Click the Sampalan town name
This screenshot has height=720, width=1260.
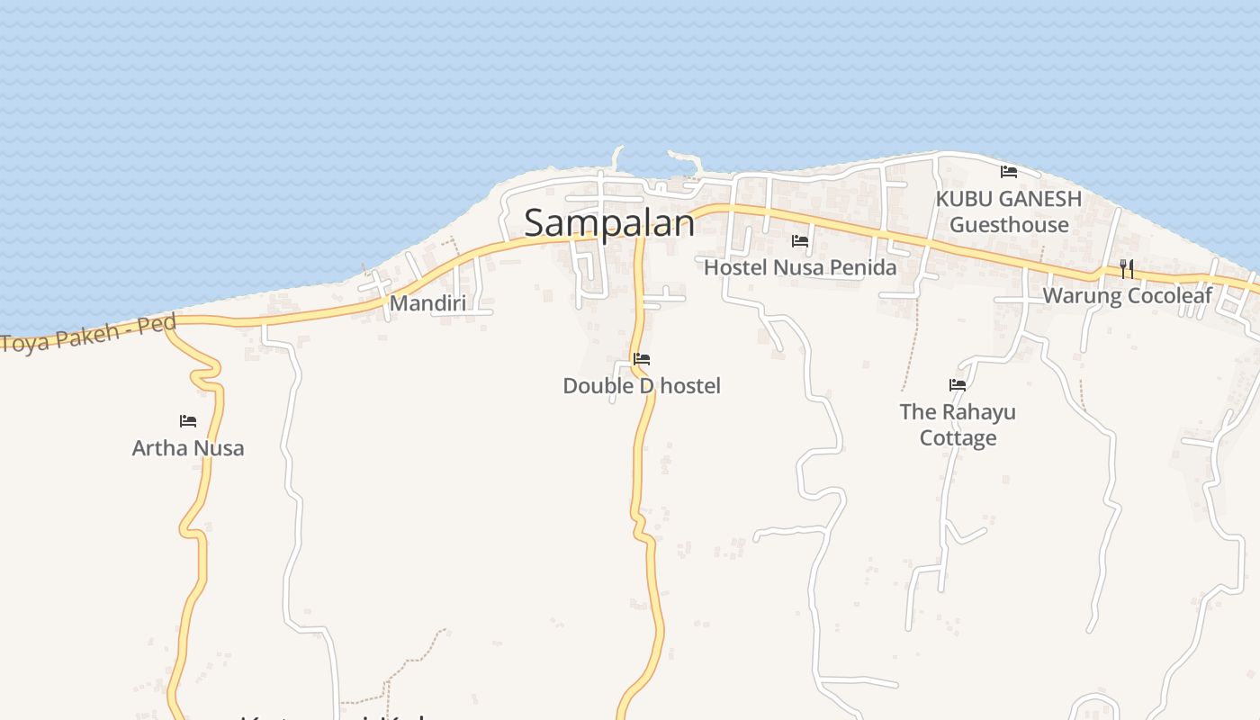609,223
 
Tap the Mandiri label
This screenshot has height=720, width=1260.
427,303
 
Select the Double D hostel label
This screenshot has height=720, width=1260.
642,386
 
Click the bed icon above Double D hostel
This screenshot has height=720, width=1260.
642,358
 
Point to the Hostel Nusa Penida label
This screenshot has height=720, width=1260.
800,267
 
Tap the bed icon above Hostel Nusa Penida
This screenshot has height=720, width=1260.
800,240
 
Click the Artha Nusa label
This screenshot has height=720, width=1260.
188,448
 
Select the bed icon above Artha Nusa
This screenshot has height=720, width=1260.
188,420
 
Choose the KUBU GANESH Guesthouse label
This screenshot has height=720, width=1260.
1009,211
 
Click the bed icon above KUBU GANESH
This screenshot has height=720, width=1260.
1009,171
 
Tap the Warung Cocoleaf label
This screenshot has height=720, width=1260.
1127,296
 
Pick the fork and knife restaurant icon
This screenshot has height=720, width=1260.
1126,268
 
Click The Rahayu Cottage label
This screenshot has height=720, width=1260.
958,425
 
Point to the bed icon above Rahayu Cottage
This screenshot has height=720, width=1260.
958,384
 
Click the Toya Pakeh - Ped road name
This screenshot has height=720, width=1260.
88,333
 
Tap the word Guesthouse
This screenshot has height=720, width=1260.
1009,225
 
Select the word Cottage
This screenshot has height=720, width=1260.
958,438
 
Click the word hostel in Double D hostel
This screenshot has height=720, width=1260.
690,386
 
